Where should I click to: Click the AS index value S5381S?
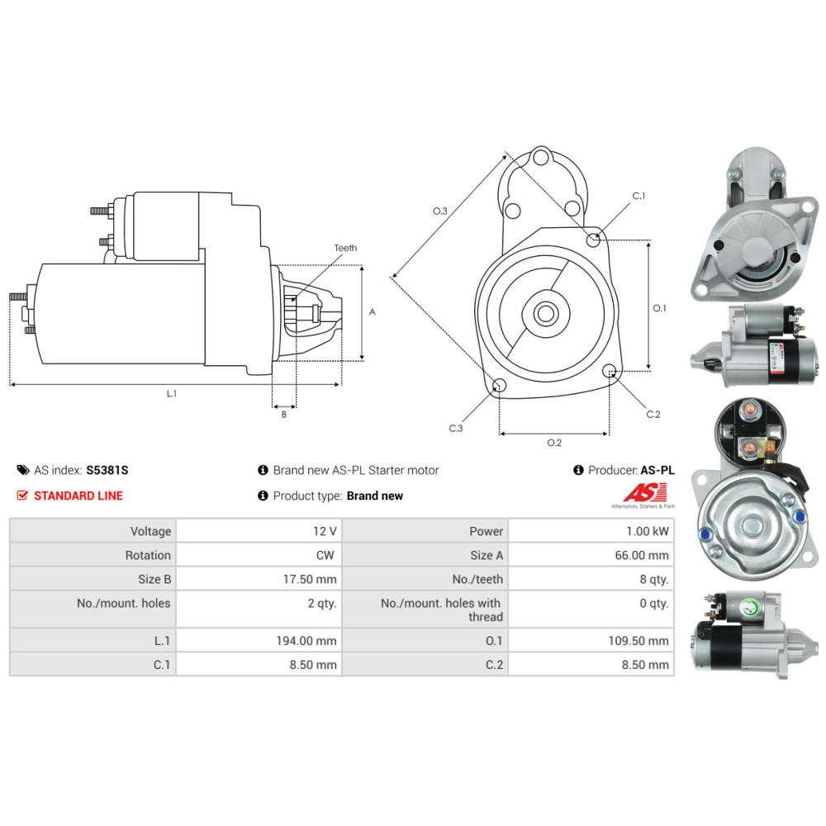tap(107, 470)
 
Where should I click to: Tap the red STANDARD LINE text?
tap(78, 496)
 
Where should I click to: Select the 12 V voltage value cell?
tap(259, 531)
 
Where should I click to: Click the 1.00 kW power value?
tap(648, 531)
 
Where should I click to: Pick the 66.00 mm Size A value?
tap(642, 555)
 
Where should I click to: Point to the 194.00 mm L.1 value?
tap(306, 641)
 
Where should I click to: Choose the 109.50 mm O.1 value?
tap(638, 641)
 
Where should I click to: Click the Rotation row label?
tap(148, 555)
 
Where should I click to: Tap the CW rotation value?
tap(325, 555)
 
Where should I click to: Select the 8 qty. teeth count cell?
tap(591, 579)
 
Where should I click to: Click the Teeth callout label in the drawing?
tap(345, 248)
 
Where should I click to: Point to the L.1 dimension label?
tap(172, 393)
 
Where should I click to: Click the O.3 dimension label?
tap(440, 211)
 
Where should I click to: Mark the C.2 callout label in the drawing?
tap(653, 414)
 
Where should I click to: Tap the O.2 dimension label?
tap(554, 443)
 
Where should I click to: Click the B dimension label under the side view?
tap(284, 415)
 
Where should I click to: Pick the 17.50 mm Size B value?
tap(310, 579)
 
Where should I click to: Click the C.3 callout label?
tap(456, 428)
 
